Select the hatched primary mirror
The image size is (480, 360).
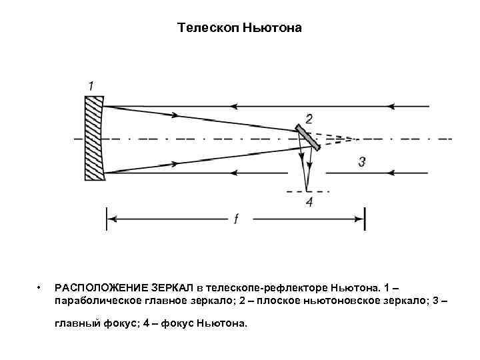pos(95,139)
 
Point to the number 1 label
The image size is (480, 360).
pos(91,85)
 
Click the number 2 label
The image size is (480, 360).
pos(309,119)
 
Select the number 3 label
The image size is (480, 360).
pos(361,161)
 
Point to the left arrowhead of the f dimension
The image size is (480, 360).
pos(112,218)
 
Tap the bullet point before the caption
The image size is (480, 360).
pos(41,288)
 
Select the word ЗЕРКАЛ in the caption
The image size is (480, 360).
pos(175,288)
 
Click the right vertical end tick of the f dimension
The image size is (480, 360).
pos(364,218)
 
